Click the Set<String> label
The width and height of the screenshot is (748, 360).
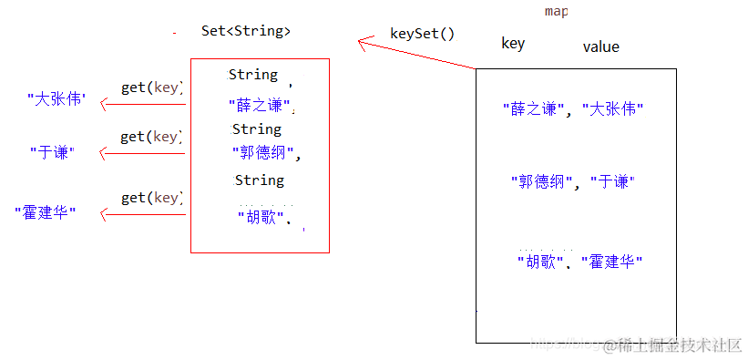(x=246, y=31)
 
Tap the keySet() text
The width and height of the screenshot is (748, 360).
(x=422, y=34)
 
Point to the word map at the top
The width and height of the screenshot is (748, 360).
(x=556, y=11)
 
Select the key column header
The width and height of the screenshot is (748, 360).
(x=513, y=43)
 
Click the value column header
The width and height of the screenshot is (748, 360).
(x=600, y=46)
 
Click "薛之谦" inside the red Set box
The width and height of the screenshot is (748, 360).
(x=262, y=105)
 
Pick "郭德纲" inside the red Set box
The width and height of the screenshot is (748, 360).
(x=263, y=153)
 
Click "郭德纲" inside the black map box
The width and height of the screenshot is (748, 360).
(x=542, y=182)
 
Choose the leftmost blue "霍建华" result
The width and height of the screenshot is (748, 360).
(x=45, y=212)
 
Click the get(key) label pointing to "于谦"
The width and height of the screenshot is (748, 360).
(x=151, y=137)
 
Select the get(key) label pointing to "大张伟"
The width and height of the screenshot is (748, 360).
(x=151, y=88)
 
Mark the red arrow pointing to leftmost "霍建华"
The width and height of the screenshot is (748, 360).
(x=143, y=215)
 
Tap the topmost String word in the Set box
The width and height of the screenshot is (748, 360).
(x=253, y=75)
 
